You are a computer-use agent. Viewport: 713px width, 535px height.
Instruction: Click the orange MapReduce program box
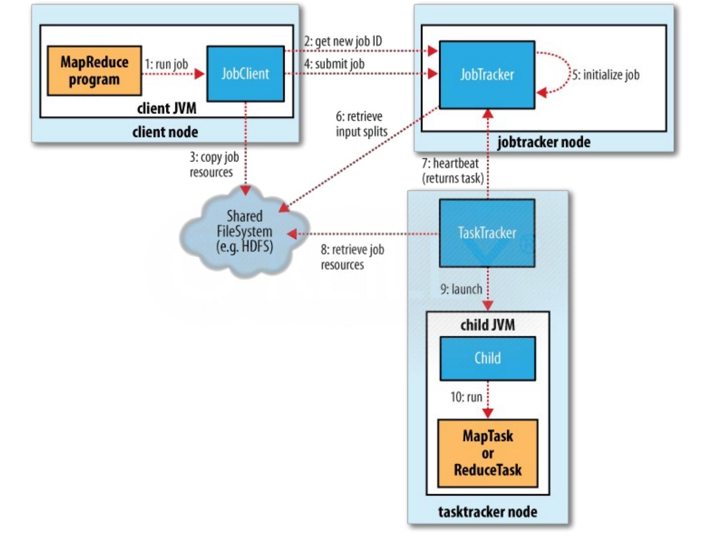click(94, 70)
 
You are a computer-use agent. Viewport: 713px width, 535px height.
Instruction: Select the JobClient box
click(245, 74)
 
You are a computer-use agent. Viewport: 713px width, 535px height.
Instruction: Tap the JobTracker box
click(487, 75)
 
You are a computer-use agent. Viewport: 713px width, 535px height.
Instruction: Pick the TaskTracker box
click(487, 233)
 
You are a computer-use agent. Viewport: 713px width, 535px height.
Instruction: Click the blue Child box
click(487, 358)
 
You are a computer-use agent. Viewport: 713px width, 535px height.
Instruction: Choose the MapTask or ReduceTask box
click(487, 453)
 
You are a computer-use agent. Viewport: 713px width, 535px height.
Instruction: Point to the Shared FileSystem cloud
click(244, 231)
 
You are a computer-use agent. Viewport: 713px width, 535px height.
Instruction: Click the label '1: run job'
click(166, 64)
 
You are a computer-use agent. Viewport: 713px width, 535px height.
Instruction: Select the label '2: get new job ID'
click(343, 41)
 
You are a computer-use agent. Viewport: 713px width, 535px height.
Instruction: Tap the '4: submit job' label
click(334, 64)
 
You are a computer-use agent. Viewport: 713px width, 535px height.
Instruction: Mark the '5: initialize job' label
click(606, 75)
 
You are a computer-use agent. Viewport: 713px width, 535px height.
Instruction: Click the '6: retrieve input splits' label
click(361, 124)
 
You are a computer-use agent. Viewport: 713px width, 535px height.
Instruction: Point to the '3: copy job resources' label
click(214, 164)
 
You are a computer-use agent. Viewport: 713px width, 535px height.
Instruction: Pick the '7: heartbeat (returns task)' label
click(452, 170)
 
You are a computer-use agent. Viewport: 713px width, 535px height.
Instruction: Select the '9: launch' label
click(461, 289)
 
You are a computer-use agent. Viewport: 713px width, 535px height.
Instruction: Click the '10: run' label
click(466, 397)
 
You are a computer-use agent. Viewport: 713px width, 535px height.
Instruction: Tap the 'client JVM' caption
click(166, 108)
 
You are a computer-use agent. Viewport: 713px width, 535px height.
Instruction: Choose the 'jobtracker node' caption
click(543, 142)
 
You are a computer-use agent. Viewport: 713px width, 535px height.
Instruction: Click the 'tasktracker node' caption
click(487, 511)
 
